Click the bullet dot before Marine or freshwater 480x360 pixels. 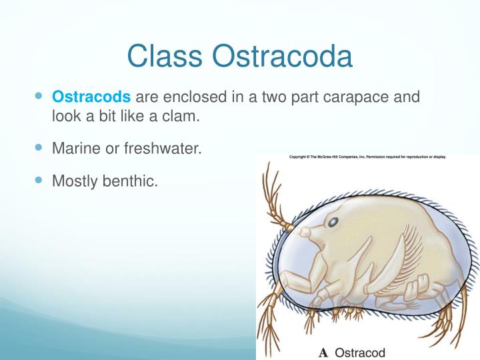[38, 147]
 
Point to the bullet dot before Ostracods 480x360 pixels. [38, 97]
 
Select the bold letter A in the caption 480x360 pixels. [323, 352]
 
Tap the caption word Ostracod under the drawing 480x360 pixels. [360, 352]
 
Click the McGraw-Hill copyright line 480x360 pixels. [367, 157]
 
